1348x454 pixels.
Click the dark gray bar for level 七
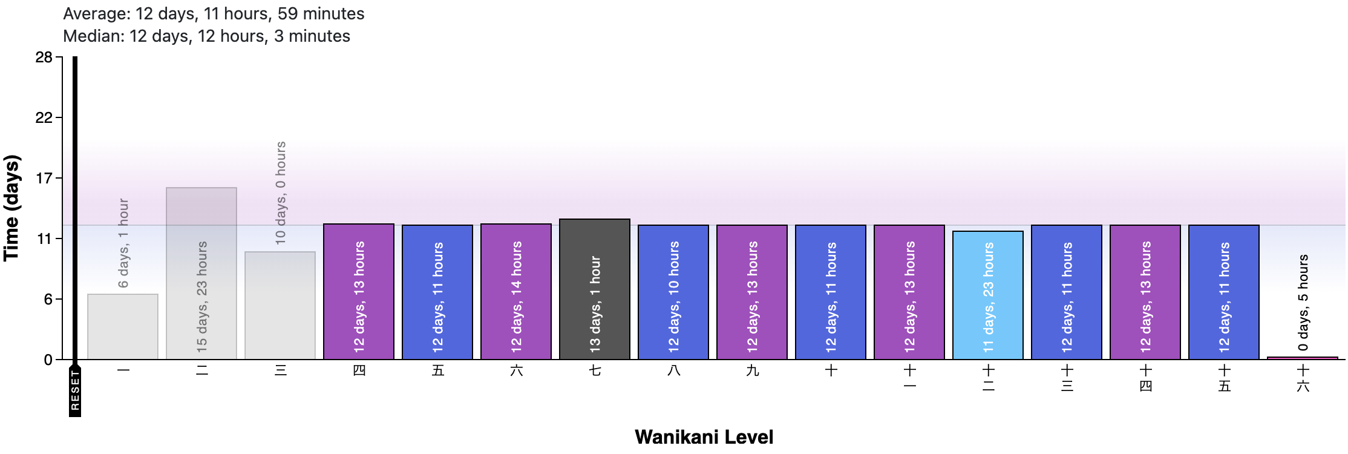click(x=595, y=289)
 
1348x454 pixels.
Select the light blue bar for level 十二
click(x=988, y=295)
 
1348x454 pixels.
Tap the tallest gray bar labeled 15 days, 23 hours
click(x=201, y=274)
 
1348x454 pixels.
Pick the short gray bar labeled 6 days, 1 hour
click(x=123, y=327)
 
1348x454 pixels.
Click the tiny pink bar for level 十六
click(x=1303, y=358)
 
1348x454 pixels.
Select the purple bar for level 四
click(x=359, y=292)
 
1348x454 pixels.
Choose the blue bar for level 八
click(x=673, y=292)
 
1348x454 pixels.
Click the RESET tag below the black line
click(x=75, y=390)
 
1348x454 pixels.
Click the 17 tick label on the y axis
click(x=44, y=179)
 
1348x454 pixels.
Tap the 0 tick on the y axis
click(x=48, y=360)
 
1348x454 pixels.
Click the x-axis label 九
click(x=752, y=370)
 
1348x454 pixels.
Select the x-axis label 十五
click(x=1224, y=378)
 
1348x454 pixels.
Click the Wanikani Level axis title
click(x=704, y=437)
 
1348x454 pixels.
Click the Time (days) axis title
click(x=12, y=208)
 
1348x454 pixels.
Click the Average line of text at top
click(x=214, y=13)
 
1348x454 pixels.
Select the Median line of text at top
click(x=206, y=36)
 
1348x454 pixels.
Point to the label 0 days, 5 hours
click(x=1303, y=303)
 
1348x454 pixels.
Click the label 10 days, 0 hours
click(x=280, y=193)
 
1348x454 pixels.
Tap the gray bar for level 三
click(x=280, y=306)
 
